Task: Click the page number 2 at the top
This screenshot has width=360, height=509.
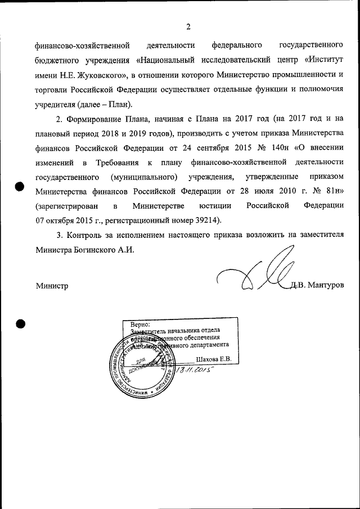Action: [188, 26]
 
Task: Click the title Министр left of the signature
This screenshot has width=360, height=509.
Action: [52, 286]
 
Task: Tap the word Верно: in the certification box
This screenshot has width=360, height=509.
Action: [140, 325]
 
